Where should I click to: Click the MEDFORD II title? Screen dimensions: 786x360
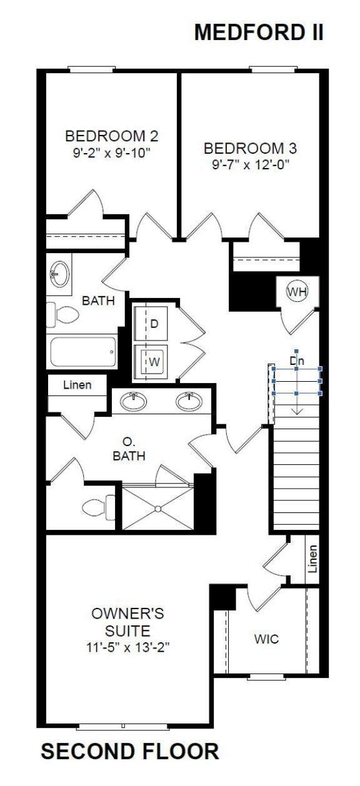coord(259,32)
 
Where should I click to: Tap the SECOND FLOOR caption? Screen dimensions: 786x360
coord(130,751)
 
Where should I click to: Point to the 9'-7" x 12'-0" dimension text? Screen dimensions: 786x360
coord(250,165)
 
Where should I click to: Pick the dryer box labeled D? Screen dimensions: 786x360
coord(154,324)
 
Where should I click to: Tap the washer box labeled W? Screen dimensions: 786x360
coord(153,361)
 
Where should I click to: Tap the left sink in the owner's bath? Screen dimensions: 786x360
coord(133,401)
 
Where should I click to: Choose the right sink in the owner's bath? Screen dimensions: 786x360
coord(188,401)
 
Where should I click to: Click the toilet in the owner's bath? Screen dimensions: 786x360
coord(100,505)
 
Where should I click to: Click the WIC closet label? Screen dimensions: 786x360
coord(266,639)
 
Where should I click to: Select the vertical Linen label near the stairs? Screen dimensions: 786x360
coord(312,559)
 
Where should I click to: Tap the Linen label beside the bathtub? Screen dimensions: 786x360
coord(77,385)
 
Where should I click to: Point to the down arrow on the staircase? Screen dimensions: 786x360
coord(296,406)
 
